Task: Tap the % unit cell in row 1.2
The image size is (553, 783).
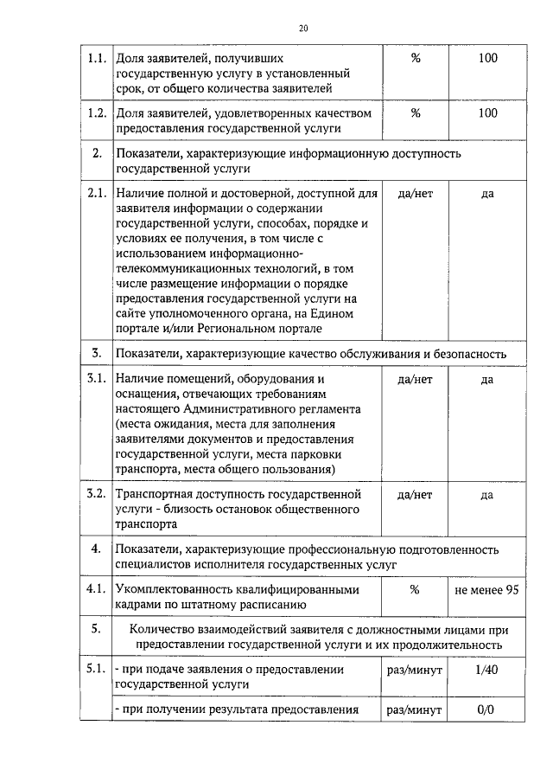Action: pyautogui.click(x=415, y=112)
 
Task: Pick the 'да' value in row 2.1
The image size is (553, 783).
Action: pyautogui.click(x=487, y=193)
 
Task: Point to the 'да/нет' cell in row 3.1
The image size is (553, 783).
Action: pyautogui.click(x=415, y=379)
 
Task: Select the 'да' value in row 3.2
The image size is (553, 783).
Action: pyautogui.click(x=487, y=494)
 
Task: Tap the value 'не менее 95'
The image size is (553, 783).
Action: pyautogui.click(x=488, y=590)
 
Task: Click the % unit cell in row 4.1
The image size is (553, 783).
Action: pyautogui.click(x=415, y=590)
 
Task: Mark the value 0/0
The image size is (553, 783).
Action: pyautogui.click(x=487, y=710)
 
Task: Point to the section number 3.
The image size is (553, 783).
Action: pyautogui.click(x=97, y=354)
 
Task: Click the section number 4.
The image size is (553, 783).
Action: pyautogui.click(x=97, y=549)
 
